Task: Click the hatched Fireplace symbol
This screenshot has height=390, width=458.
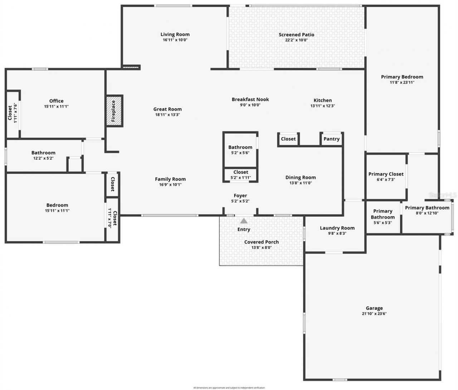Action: click(x=114, y=111)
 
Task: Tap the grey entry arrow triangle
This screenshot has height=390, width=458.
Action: click(x=244, y=221)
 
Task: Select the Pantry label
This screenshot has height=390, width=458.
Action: click(x=331, y=139)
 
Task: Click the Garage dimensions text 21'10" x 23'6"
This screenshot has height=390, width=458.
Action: click(x=374, y=314)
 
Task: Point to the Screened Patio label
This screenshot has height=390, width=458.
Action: click(x=296, y=35)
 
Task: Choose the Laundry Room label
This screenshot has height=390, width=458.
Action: click(x=337, y=228)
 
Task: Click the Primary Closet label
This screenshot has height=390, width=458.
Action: click(x=386, y=174)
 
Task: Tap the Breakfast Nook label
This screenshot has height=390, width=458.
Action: click(x=250, y=99)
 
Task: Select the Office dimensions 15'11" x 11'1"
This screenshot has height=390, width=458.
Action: click(x=56, y=106)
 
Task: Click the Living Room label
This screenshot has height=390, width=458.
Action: click(x=175, y=34)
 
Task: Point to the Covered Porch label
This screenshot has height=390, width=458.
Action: click(x=261, y=242)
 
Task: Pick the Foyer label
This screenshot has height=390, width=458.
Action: click(x=240, y=195)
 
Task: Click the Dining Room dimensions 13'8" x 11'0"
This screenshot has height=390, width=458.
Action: click(x=301, y=183)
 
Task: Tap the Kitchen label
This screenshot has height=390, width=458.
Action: click(x=322, y=100)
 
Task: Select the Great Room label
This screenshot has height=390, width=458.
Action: click(x=167, y=109)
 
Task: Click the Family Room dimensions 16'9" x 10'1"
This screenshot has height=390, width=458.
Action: click(x=170, y=185)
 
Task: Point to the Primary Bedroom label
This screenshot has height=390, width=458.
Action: click(x=402, y=77)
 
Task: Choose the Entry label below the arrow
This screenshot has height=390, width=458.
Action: click(x=244, y=229)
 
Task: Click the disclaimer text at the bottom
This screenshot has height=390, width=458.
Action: click(x=229, y=387)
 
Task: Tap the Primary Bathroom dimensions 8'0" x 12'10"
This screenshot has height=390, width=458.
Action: click(x=427, y=213)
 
